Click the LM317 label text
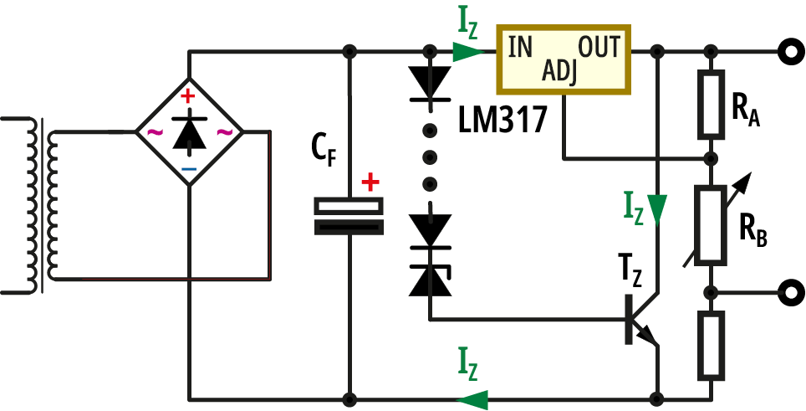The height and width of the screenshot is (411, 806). [x=502, y=120]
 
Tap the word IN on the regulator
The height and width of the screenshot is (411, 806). [x=519, y=47]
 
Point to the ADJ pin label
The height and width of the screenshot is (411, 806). [x=559, y=72]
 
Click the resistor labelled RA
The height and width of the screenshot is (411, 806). [x=711, y=105]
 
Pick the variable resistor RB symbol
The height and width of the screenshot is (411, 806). [x=711, y=224]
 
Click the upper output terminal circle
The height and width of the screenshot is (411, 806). [x=788, y=52]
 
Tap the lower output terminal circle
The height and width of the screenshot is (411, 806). [x=788, y=292]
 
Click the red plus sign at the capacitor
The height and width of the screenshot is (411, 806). [x=369, y=181]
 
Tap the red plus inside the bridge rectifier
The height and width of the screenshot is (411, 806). [x=189, y=96]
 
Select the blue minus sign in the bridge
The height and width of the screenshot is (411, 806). [x=189, y=168]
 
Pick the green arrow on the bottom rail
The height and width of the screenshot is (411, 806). [x=474, y=398]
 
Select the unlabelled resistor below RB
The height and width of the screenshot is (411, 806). [x=711, y=344]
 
